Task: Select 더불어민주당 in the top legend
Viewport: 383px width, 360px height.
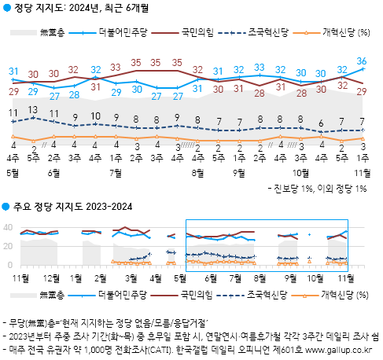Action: click(x=124, y=32)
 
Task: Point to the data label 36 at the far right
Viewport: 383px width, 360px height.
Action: click(x=361, y=61)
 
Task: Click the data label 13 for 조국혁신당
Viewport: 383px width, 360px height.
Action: click(x=33, y=109)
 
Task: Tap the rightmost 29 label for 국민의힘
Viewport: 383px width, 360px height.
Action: click(x=361, y=91)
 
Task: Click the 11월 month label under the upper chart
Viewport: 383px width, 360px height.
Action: click(x=361, y=171)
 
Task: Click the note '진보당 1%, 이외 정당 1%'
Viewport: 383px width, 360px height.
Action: click(x=318, y=189)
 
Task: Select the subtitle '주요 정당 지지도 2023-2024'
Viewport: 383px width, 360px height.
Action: click(x=72, y=207)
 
